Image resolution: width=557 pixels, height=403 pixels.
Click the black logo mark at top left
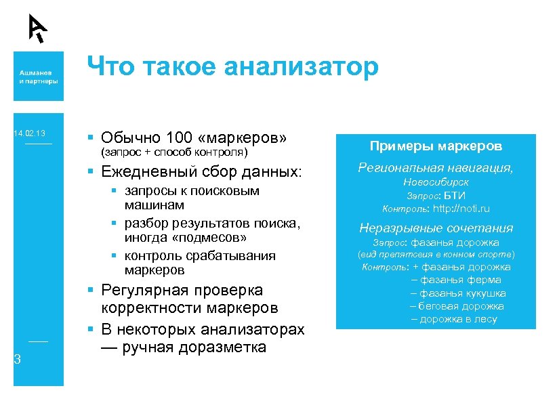pyautogui.click(x=37, y=28)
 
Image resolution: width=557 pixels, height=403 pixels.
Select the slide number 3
pyautogui.click(x=17, y=360)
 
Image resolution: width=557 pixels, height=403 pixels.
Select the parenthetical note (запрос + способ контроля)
pyautogui.click(x=175, y=152)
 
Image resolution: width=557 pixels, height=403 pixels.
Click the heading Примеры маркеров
pyautogui.click(x=435, y=146)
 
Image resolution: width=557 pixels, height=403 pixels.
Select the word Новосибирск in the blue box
pyautogui.click(x=436, y=182)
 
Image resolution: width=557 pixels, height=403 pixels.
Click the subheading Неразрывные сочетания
pyautogui.click(x=436, y=228)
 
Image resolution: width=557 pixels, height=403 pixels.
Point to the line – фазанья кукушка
pyautogui.click(x=457, y=293)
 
